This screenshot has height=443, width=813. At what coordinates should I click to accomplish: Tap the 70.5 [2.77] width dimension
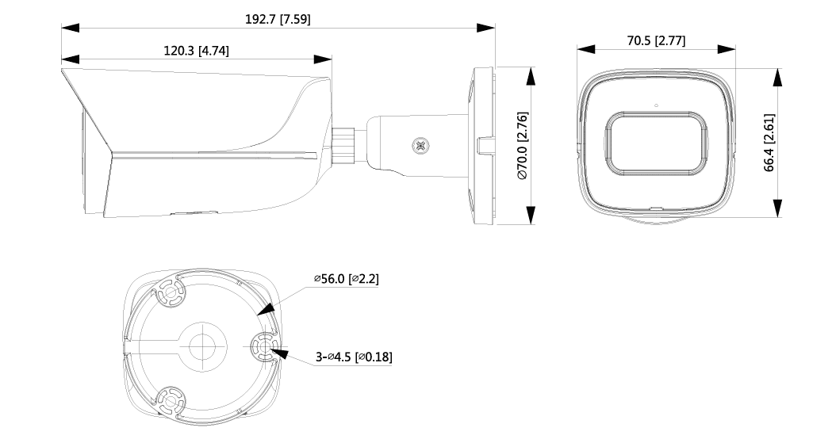pos(655,40)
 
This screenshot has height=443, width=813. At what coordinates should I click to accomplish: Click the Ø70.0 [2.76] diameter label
pos(523,147)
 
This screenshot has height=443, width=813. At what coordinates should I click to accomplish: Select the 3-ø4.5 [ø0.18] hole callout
pos(353,357)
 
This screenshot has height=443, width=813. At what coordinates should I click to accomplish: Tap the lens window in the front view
pos(655,143)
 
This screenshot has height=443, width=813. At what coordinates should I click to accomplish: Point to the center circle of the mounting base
pos(202,344)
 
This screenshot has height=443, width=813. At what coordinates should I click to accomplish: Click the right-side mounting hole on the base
pos(263,346)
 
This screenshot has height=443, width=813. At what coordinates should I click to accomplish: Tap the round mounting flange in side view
pos(482,147)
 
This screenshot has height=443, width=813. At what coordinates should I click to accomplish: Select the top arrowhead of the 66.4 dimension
pos(778,77)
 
